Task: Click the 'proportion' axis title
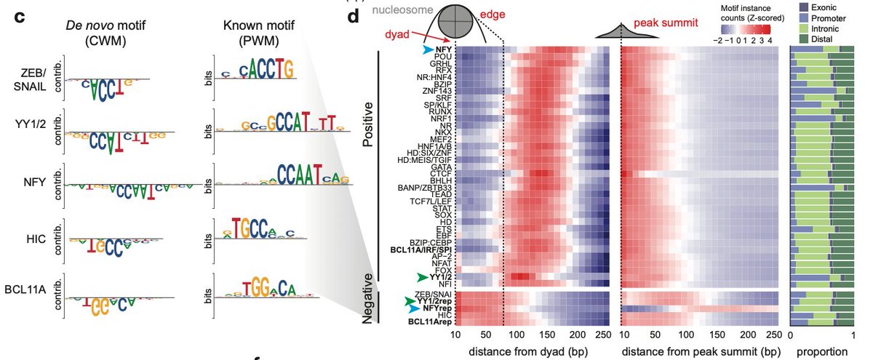tap(822, 353)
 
